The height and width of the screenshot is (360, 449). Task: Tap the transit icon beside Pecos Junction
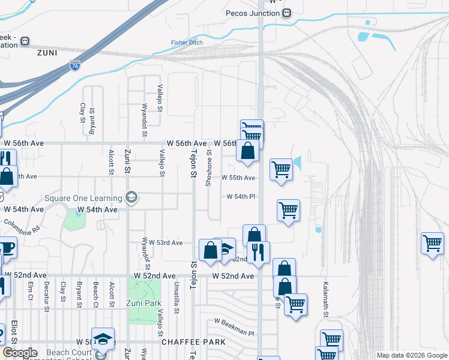coord(287,13)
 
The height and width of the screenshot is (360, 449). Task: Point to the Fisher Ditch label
coord(187,43)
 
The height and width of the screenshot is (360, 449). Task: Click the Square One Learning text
coord(83,197)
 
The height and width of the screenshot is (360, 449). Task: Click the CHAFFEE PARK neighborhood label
coord(193,342)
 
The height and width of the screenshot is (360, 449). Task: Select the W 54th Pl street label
coord(241,197)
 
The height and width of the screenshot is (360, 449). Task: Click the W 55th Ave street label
coord(238,178)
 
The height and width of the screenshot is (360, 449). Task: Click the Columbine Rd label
coord(22,224)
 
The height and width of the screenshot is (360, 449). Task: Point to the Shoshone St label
coord(209,168)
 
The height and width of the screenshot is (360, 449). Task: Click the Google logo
coord(20,353)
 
